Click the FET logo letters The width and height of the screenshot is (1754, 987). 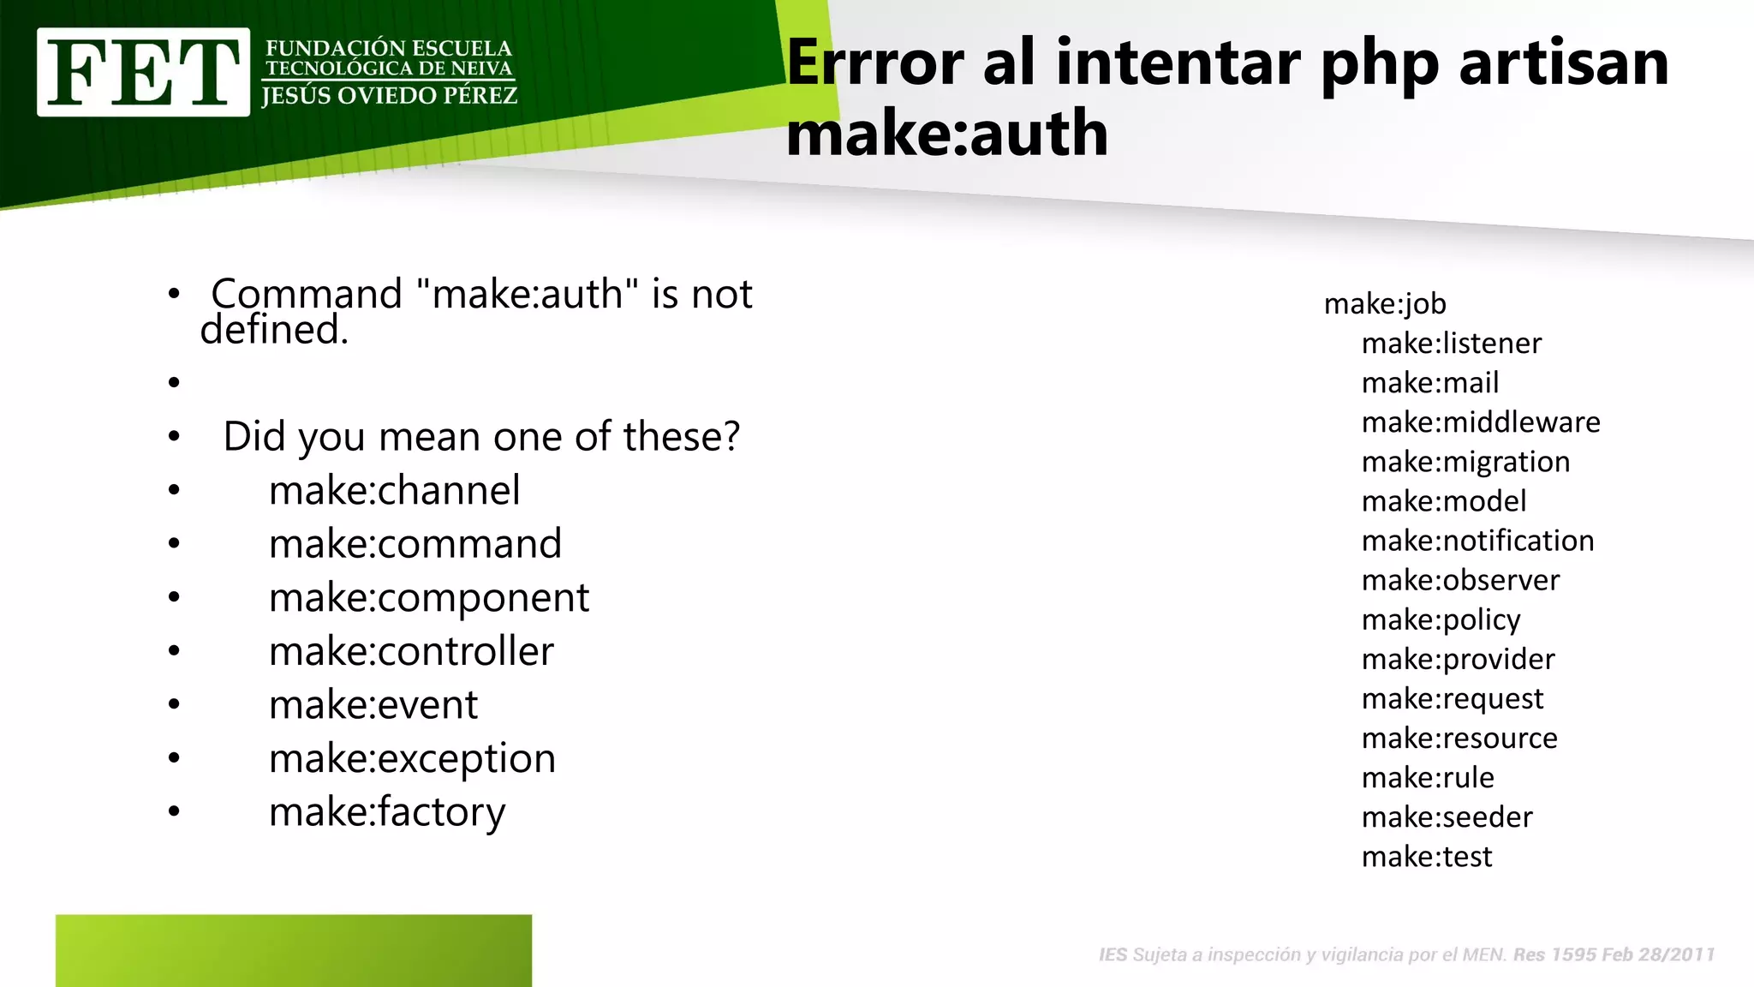(x=143, y=72)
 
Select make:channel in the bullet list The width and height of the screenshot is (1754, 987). (x=394, y=491)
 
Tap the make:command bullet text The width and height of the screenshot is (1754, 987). (x=415, y=544)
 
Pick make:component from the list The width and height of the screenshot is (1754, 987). (x=428, y=598)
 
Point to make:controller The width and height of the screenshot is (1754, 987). (x=411, y=652)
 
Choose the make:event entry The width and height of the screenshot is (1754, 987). (x=373, y=705)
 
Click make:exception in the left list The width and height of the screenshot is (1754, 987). (x=412, y=759)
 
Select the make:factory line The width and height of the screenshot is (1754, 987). (x=387, y=812)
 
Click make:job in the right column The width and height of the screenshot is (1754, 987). (x=1385, y=304)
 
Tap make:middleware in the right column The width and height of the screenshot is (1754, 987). (x=1481, y=422)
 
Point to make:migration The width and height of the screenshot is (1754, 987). (x=1465, y=463)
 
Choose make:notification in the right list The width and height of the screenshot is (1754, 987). (x=1477, y=541)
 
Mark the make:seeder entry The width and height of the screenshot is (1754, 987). (x=1447, y=817)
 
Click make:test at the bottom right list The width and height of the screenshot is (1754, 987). (x=1427, y=857)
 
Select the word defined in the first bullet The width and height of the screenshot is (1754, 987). (x=274, y=330)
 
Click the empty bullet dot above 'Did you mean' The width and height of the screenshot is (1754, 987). (x=175, y=382)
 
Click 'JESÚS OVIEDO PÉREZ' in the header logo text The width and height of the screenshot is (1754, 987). (x=390, y=96)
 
